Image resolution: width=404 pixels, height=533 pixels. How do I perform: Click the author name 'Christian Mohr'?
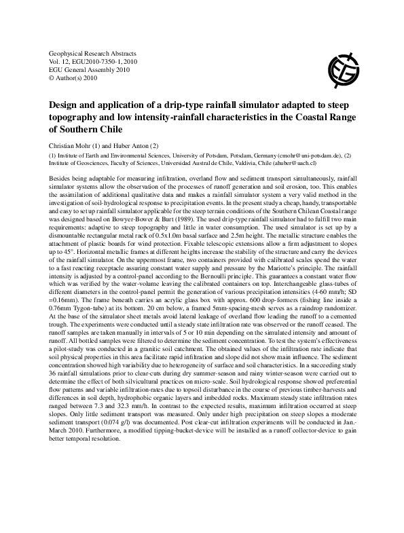70,146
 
